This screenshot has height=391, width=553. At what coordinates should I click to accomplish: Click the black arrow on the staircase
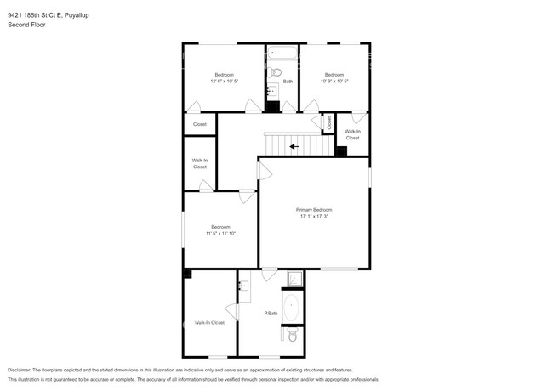(x=294, y=146)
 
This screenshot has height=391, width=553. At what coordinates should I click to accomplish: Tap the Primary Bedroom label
(x=314, y=210)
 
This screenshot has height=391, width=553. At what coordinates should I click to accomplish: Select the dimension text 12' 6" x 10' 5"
(x=224, y=81)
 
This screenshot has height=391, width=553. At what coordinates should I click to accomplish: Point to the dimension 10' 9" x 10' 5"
(x=334, y=81)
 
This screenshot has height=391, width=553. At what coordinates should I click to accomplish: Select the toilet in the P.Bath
(x=292, y=337)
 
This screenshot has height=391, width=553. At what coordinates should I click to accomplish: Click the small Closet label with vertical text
(x=328, y=122)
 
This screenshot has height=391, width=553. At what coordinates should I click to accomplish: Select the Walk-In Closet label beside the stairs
(x=352, y=134)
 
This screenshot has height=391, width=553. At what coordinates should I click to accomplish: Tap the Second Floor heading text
(x=26, y=25)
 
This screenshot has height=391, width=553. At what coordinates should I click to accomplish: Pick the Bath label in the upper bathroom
(x=288, y=81)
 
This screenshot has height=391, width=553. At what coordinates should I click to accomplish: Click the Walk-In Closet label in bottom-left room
(x=209, y=322)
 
